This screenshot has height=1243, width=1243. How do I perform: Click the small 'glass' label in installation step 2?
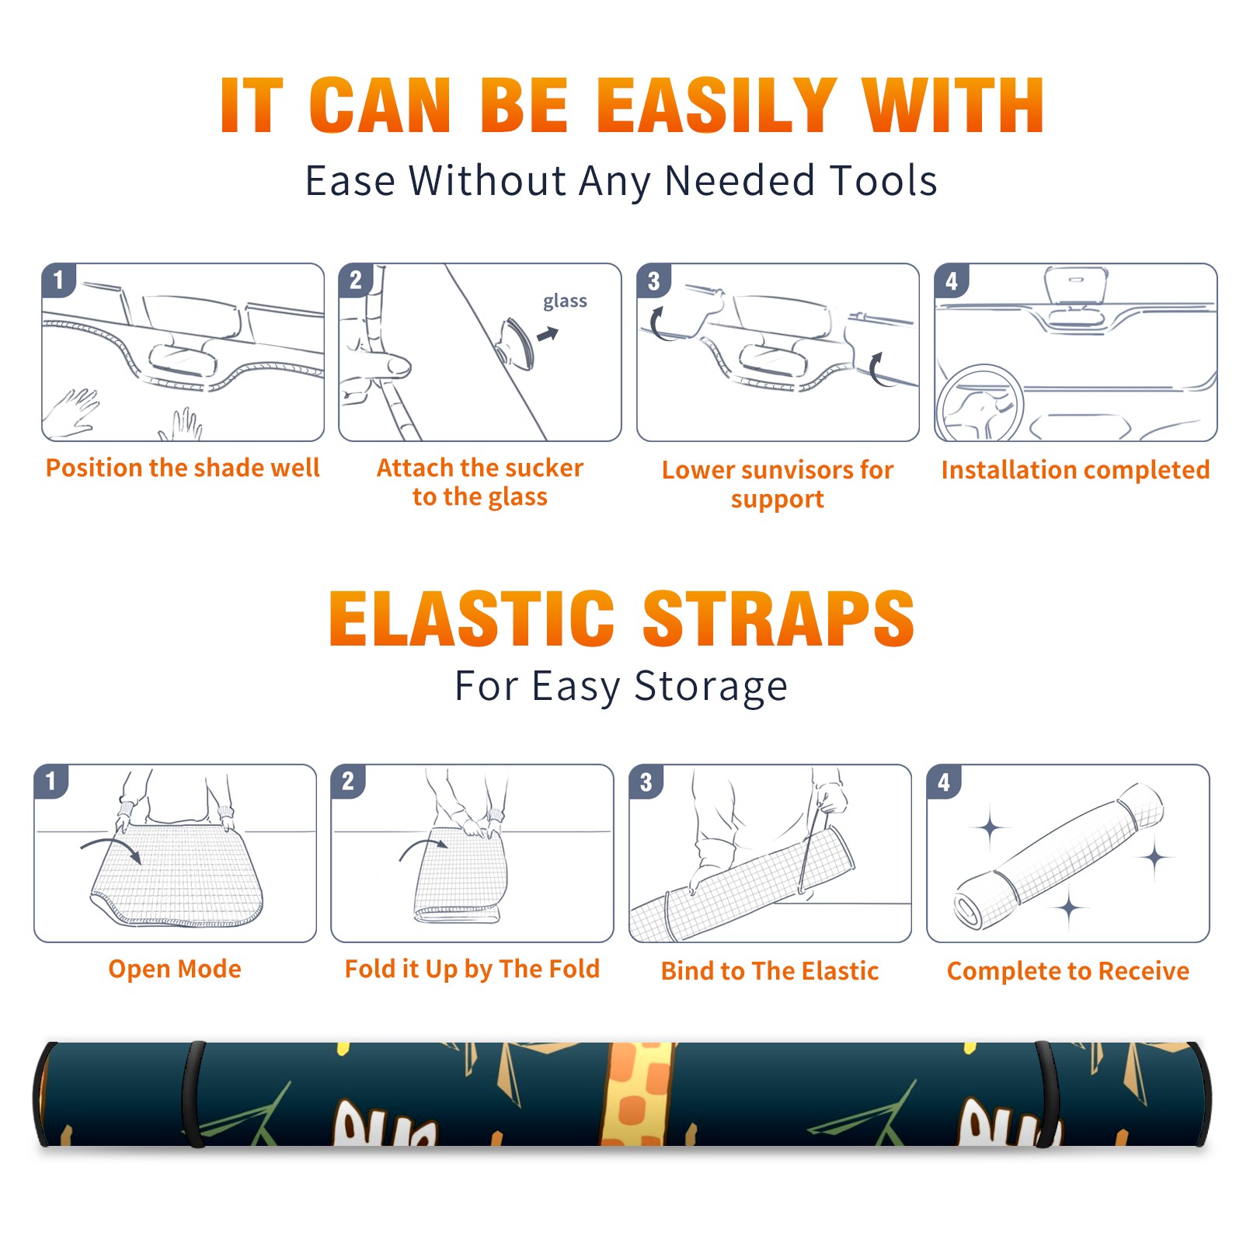click(565, 301)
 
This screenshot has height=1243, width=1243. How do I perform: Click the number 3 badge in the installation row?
click(653, 280)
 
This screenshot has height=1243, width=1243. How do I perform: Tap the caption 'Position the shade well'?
click(183, 468)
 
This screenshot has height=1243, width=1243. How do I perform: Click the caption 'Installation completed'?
click(1075, 469)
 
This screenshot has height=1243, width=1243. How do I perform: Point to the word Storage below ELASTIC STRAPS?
click(711, 688)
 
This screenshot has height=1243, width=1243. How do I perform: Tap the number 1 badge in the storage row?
click(51, 781)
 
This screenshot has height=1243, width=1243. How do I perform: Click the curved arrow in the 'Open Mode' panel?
click(110, 848)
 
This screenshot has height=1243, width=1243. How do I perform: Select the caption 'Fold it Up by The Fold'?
click(472, 969)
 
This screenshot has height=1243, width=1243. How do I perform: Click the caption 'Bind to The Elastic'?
click(770, 971)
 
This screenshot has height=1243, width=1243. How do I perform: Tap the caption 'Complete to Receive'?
click(1068, 971)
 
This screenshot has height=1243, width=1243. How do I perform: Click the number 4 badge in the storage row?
click(944, 782)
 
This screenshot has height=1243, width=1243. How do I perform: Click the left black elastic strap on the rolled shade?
click(193, 1094)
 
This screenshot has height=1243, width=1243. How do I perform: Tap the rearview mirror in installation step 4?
click(1075, 286)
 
